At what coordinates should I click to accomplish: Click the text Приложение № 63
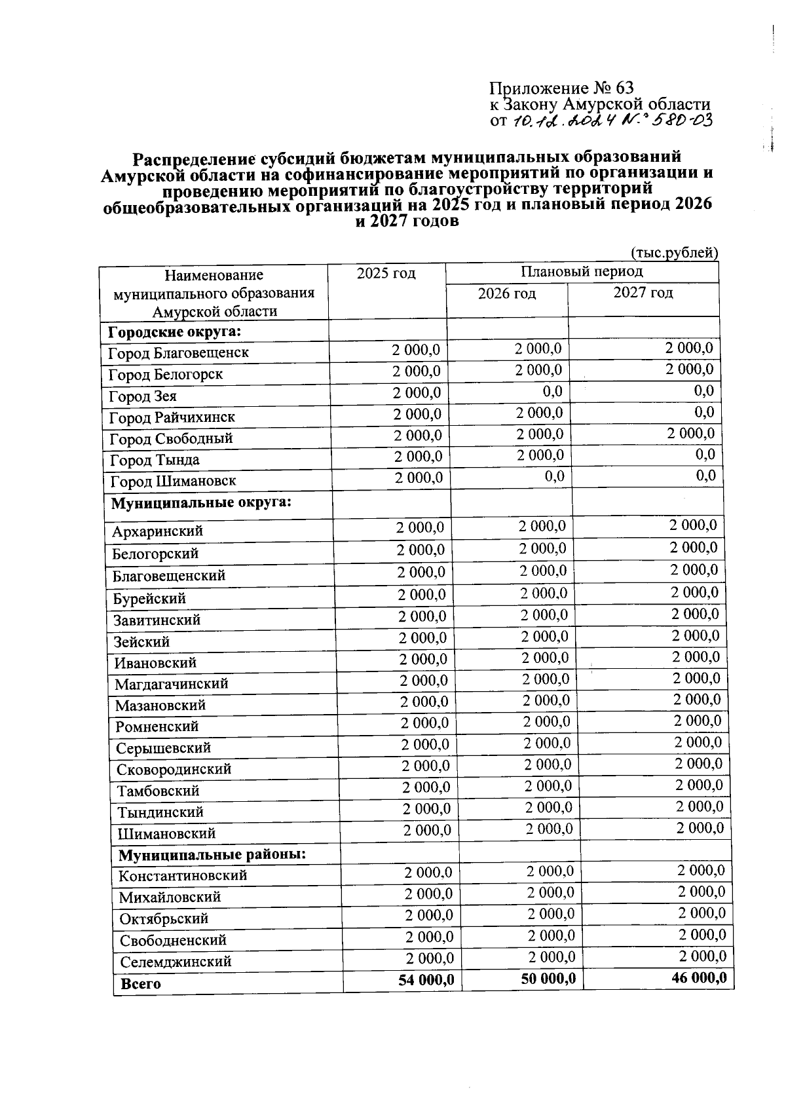pyautogui.click(x=562, y=88)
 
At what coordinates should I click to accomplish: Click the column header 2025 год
pyautogui.click(x=386, y=273)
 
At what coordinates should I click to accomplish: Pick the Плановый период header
pyautogui.click(x=582, y=271)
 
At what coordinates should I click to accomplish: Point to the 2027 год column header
pyautogui.click(x=643, y=292)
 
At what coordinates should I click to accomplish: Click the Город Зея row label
pyautogui.click(x=142, y=396)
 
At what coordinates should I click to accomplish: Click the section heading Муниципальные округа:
pyautogui.click(x=201, y=503)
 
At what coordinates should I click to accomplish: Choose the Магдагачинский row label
pyautogui.click(x=172, y=684)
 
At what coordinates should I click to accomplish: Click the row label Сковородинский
pyautogui.click(x=174, y=770)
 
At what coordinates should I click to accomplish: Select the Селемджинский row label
pyautogui.click(x=176, y=962)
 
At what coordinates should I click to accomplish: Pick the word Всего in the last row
pyautogui.click(x=141, y=984)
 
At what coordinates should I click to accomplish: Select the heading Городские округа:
pyautogui.click(x=175, y=331)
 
